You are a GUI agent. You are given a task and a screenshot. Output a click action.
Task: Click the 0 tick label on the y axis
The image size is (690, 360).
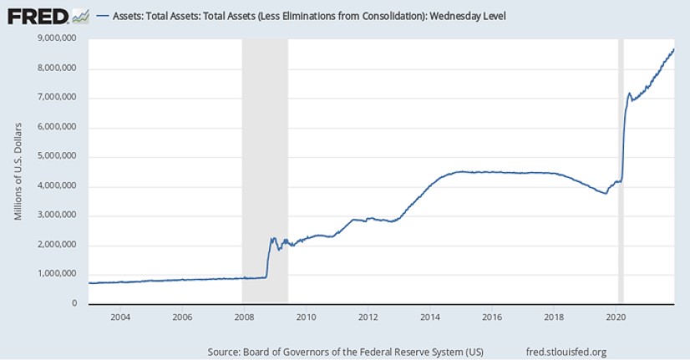coord(74,303)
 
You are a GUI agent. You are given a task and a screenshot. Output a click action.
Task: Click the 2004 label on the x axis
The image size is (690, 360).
coord(120,317)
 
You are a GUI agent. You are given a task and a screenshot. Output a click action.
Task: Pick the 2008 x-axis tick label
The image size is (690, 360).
coord(244,317)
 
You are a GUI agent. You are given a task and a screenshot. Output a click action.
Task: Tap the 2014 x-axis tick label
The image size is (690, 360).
coord(429,317)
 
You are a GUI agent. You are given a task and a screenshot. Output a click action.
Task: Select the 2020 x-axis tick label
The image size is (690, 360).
coord(615,317)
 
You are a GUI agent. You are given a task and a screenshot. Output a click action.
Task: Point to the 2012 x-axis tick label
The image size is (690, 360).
coord(368,317)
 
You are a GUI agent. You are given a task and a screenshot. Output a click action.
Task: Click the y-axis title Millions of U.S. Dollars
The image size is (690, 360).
coord(18,171)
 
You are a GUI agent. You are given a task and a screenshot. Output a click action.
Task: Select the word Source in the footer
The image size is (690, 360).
coord(225,351)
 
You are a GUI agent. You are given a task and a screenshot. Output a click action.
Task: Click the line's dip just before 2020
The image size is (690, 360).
coord(606,194)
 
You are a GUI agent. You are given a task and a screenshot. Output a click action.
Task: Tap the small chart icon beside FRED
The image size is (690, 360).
coord(81,15)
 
